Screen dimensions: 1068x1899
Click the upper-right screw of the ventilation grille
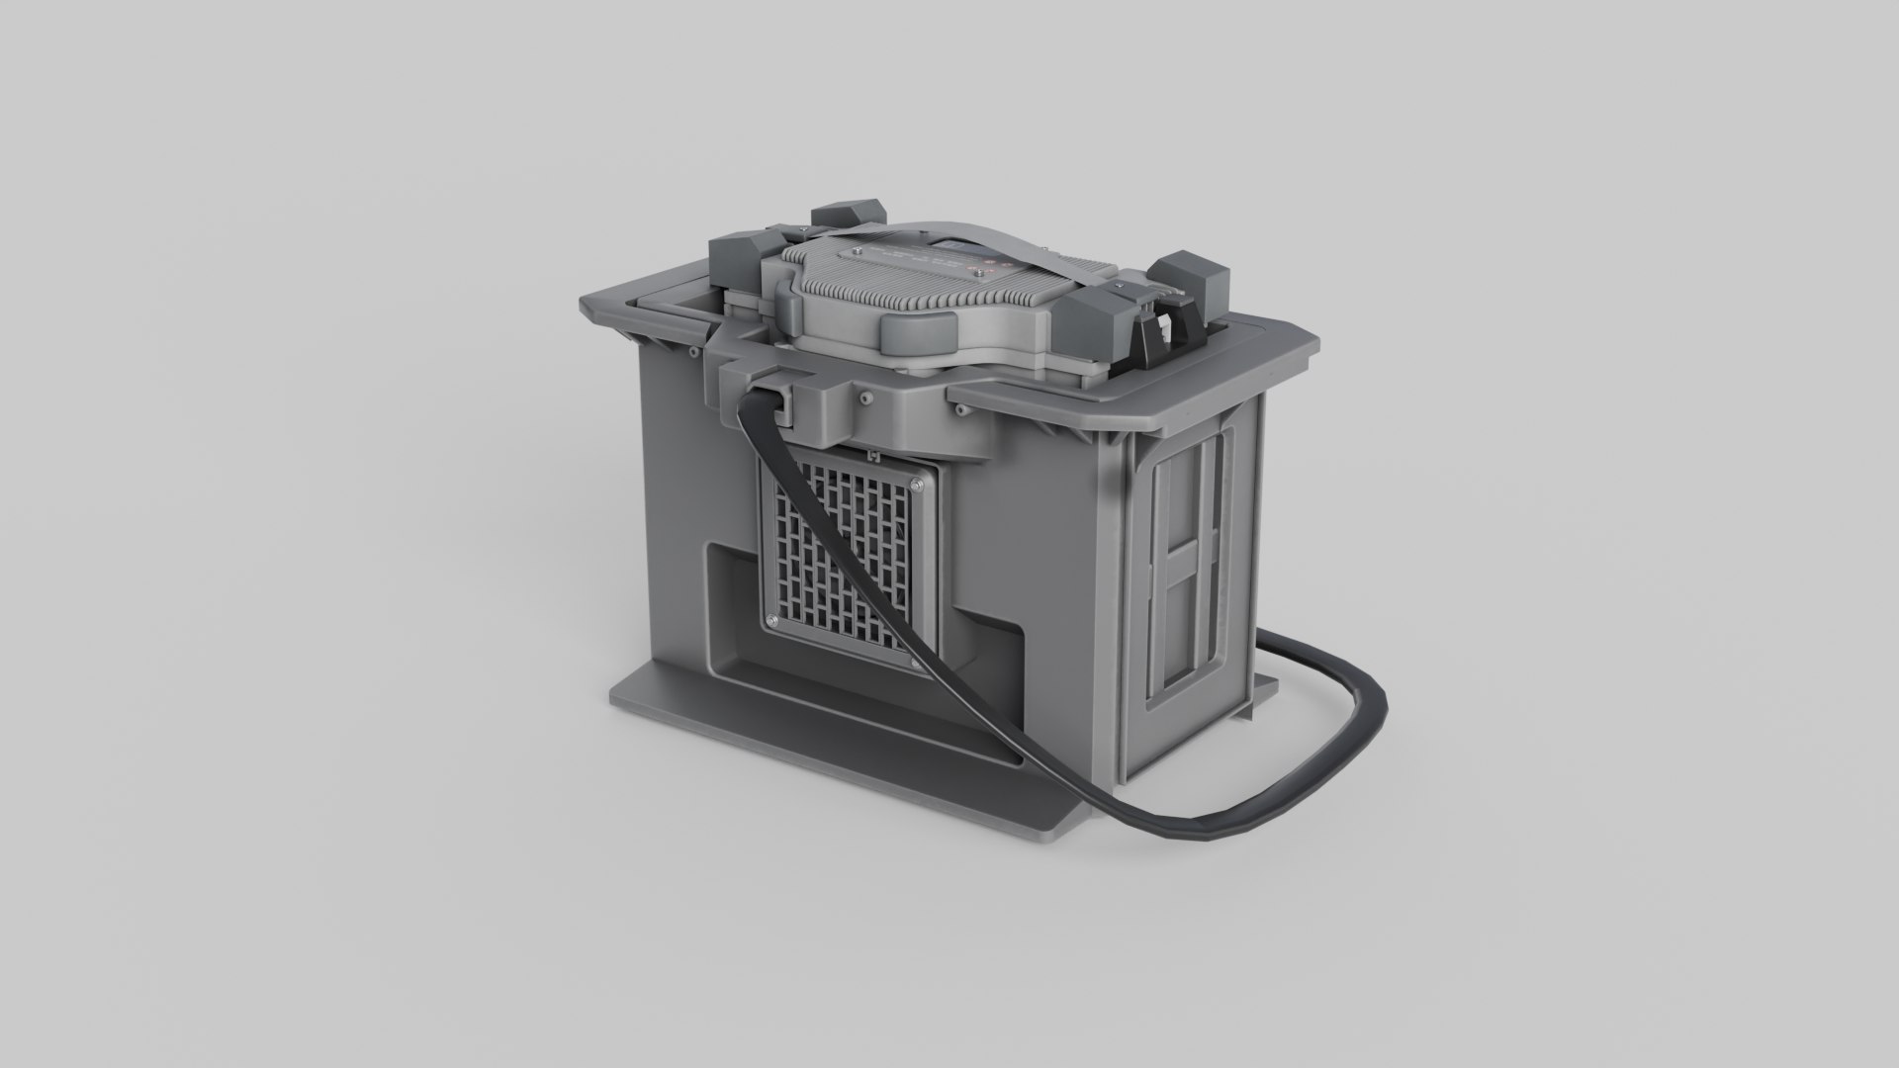tap(919, 485)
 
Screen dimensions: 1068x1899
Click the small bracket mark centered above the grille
tap(872, 456)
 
